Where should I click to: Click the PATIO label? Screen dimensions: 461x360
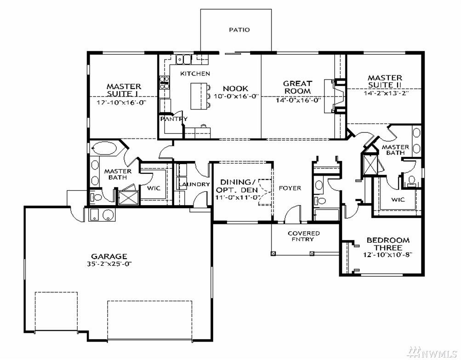pyautogui.click(x=239, y=30)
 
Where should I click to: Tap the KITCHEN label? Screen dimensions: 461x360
pyautogui.click(x=195, y=74)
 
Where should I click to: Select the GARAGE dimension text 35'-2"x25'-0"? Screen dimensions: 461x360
pyautogui.click(x=109, y=263)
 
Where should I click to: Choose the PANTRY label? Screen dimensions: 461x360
pyautogui.click(x=174, y=119)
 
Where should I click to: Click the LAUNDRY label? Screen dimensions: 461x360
pyautogui.click(x=194, y=184)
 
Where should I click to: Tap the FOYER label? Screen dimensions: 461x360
pyautogui.click(x=290, y=188)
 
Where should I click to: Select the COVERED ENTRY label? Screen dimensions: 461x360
pyautogui.click(x=304, y=236)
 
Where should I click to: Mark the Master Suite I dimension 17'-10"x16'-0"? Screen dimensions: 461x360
pyautogui.click(x=122, y=103)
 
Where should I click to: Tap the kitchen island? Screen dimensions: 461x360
pyautogui.click(x=199, y=96)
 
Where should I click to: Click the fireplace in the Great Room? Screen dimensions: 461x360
pyautogui.click(x=334, y=96)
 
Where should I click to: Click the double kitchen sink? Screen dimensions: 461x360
pyautogui.click(x=184, y=59)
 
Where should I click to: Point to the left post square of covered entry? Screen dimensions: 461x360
pyautogui.click(x=273, y=253)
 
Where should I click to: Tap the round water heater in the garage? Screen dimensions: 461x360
pyautogui.click(x=108, y=215)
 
